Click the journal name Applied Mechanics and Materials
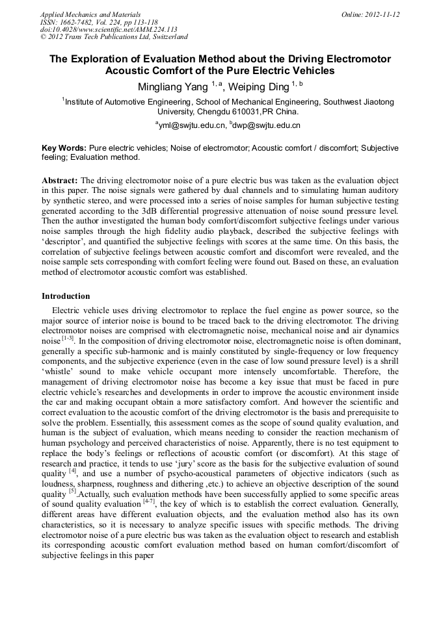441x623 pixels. coord(90,14)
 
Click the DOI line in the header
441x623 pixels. coord(109,29)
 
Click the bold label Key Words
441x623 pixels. coord(63,148)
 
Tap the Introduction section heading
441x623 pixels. coord(66,296)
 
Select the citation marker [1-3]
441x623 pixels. coord(68,339)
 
